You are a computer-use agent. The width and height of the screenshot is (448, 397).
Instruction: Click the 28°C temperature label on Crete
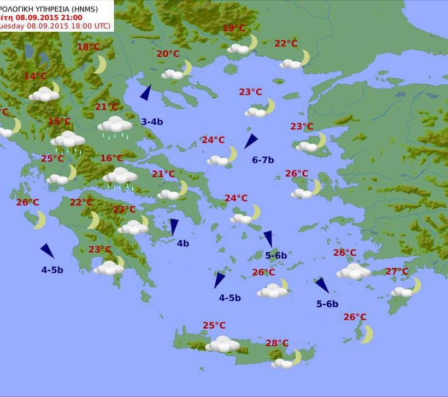(277, 343)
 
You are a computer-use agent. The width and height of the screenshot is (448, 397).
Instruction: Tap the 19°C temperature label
(234, 28)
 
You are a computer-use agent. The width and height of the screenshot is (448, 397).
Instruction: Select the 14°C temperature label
(35, 76)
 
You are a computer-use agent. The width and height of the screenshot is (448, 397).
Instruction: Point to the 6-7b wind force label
(263, 160)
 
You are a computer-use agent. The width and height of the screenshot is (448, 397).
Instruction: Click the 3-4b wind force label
(152, 122)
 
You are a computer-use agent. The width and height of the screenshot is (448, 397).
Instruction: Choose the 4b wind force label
(182, 243)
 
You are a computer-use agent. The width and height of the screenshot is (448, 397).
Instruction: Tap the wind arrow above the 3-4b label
(146, 93)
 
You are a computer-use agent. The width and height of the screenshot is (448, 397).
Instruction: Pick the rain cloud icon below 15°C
(68, 140)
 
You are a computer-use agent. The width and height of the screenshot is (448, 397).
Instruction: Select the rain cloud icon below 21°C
(115, 125)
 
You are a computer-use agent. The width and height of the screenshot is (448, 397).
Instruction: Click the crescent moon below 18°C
(100, 64)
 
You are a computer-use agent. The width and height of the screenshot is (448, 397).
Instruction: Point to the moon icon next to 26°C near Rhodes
(366, 334)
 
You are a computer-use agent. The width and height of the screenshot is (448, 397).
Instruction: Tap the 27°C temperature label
(397, 271)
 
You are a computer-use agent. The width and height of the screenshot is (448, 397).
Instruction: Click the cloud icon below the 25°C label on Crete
(222, 344)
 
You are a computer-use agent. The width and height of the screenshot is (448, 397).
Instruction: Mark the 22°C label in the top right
(286, 44)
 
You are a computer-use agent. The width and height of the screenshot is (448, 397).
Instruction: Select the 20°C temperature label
(168, 54)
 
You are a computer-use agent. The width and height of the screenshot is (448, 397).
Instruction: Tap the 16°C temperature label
(111, 158)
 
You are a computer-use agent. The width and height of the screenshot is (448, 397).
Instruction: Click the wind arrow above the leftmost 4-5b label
(48, 251)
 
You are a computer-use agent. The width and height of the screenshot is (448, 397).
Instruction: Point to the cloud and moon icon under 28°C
(286, 360)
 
